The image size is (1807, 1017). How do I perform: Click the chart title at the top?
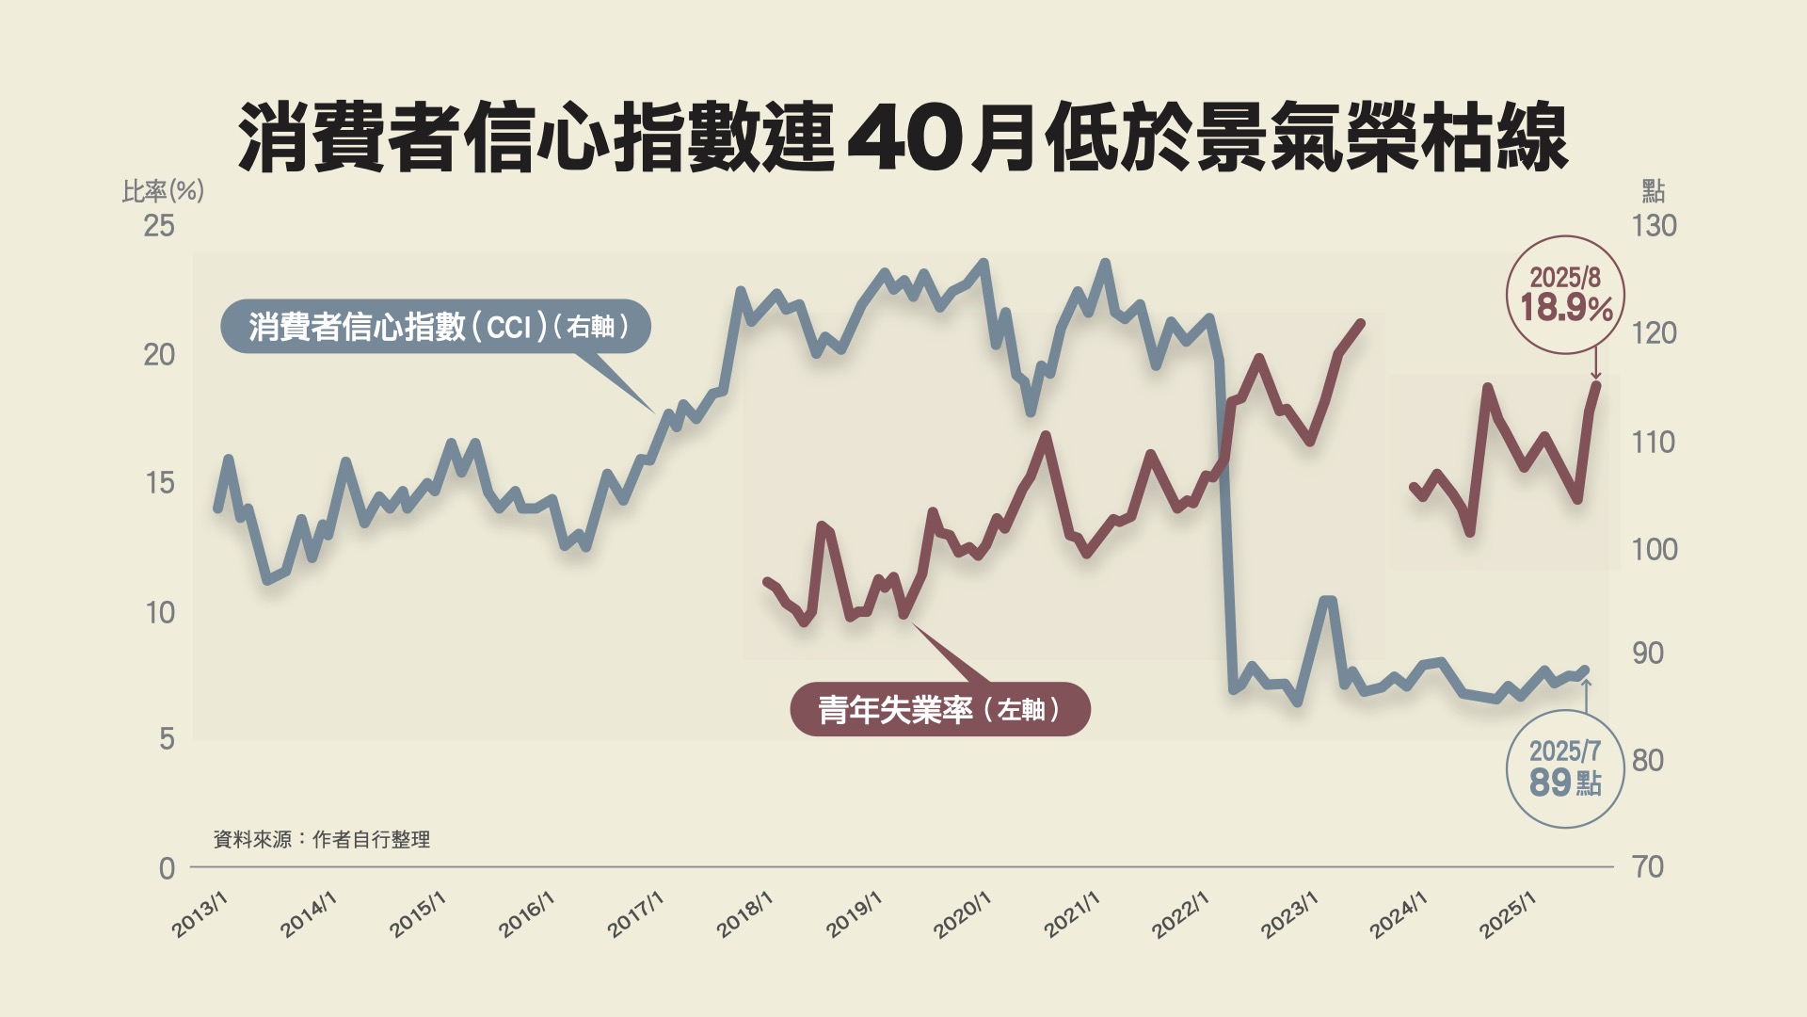point(903,138)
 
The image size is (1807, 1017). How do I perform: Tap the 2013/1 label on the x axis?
point(200,914)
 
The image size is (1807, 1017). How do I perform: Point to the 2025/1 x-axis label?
point(1508,914)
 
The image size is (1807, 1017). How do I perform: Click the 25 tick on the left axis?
point(159,226)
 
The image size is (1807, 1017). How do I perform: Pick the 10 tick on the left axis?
point(160,613)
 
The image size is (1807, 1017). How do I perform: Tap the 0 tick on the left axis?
point(167,868)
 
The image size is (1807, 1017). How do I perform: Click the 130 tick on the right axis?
point(1654,226)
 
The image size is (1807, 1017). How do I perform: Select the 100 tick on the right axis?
point(1654,549)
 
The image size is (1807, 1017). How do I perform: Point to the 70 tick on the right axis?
point(1648,867)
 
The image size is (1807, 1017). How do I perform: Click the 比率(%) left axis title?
point(163,191)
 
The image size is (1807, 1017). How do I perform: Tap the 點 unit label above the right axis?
point(1653,192)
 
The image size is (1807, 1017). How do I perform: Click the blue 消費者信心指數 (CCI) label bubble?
point(436,327)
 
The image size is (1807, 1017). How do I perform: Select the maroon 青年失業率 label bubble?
point(939,709)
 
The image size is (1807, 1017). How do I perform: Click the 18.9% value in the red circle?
point(1566,308)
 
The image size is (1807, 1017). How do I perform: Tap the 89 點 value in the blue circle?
point(1564,783)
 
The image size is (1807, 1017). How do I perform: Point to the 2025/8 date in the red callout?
point(1565,277)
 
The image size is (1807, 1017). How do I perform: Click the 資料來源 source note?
point(322,839)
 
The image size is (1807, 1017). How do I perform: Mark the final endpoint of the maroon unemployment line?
point(1596,384)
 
